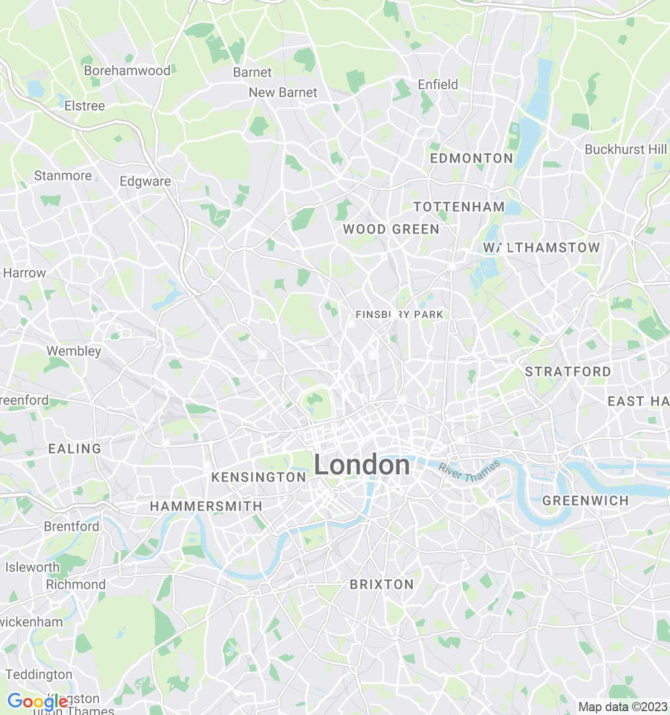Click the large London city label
click(x=362, y=465)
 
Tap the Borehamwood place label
click(x=127, y=71)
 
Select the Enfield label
click(x=438, y=84)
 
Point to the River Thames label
click(x=469, y=471)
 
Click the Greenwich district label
click(x=586, y=500)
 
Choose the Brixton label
click(x=382, y=584)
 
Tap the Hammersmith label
click(x=206, y=506)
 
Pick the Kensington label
click(x=259, y=477)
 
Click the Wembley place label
click(x=74, y=351)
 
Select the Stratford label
click(x=568, y=371)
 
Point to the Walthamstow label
click(x=542, y=247)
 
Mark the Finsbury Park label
click(x=399, y=314)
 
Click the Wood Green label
click(x=391, y=229)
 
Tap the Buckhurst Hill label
click(x=625, y=149)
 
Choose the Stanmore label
click(x=63, y=175)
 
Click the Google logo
click(x=37, y=702)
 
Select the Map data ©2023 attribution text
click(x=623, y=707)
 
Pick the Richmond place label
click(x=75, y=584)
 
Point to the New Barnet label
click(x=283, y=92)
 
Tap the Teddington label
click(x=39, y=674)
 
